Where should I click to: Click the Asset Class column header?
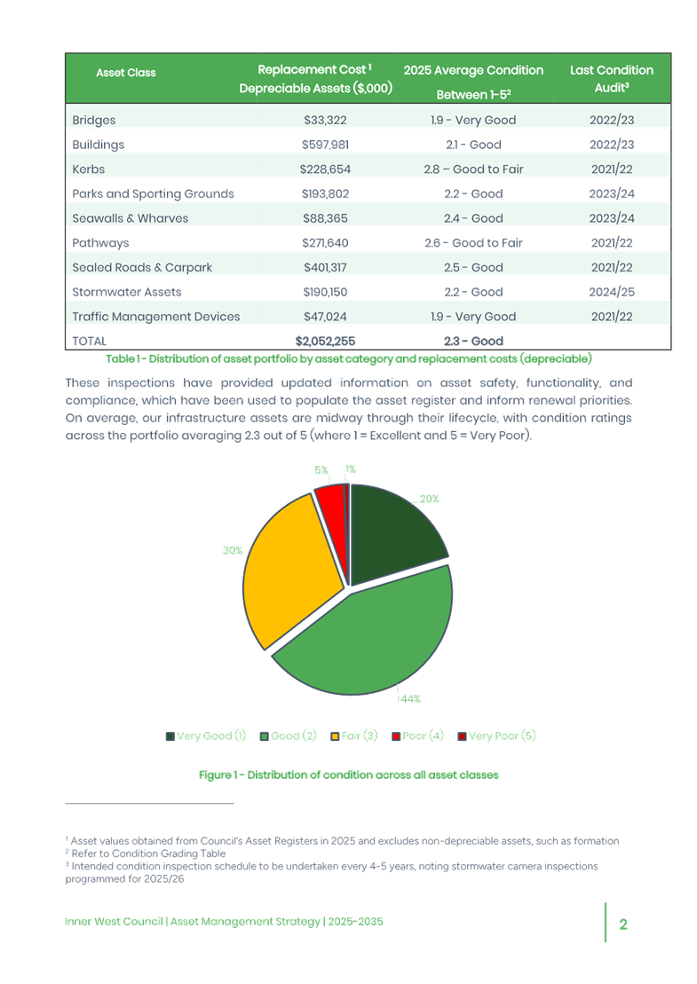[x=125, y=73]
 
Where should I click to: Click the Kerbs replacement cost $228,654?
[x=315, y=169]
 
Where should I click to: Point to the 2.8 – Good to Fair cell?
[x=472, y=169]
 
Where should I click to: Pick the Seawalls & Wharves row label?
[x=130, y=218]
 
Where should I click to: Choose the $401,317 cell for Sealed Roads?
[x=315, y=267]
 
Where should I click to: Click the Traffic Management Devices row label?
[x=155, y=316]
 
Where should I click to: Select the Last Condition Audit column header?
[x=611, y=79]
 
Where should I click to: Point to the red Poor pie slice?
[x=330, y=502]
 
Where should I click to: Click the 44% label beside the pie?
[x=409, y=699]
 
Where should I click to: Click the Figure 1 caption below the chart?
[x=348, y=775]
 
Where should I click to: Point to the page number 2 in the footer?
[x=623, y=924]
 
